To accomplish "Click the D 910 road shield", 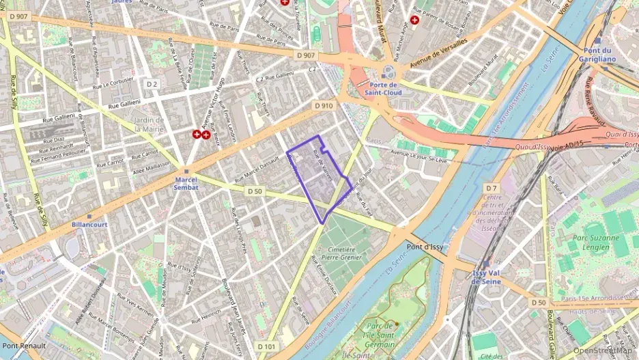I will (x=324, y=106).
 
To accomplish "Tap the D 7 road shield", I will (x=492, y=187).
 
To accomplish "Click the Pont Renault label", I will (x=23, y=346).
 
